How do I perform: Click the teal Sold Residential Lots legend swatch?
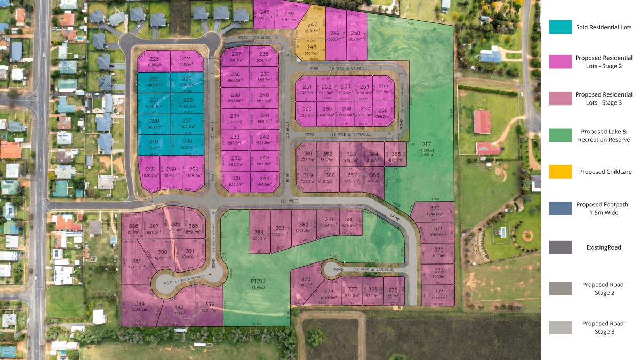560,27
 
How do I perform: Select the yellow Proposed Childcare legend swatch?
560,172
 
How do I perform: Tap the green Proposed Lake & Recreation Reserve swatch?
560,135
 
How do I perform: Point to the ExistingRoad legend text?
604,247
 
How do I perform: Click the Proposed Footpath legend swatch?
560,208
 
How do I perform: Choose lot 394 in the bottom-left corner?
140,305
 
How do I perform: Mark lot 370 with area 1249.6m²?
435,211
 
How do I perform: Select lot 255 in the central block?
383,88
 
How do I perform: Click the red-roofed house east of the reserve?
482,122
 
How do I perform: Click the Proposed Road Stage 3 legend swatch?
560,327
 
